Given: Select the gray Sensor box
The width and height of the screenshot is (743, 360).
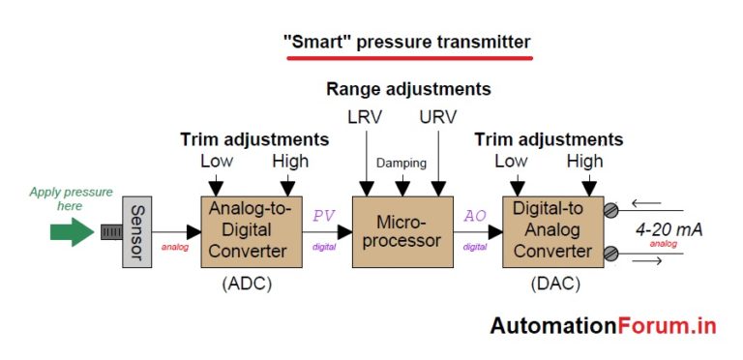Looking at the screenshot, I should (136, 232).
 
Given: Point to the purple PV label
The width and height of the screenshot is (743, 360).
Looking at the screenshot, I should (322, 216).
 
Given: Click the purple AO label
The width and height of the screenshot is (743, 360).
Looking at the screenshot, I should (475, 216).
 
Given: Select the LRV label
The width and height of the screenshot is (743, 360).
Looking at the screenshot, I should (365, 118).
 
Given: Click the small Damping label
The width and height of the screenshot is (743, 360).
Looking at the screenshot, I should (401, 163).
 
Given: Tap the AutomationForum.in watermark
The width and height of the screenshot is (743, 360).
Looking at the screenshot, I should (603, 325).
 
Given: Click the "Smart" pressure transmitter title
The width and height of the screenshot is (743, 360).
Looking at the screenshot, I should (406, 42).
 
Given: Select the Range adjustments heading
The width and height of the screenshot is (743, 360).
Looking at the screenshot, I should (408, 89).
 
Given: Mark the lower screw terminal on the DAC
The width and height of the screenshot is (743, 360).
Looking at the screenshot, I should (610, 255).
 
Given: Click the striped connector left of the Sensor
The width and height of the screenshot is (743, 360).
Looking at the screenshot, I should (111, 232).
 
